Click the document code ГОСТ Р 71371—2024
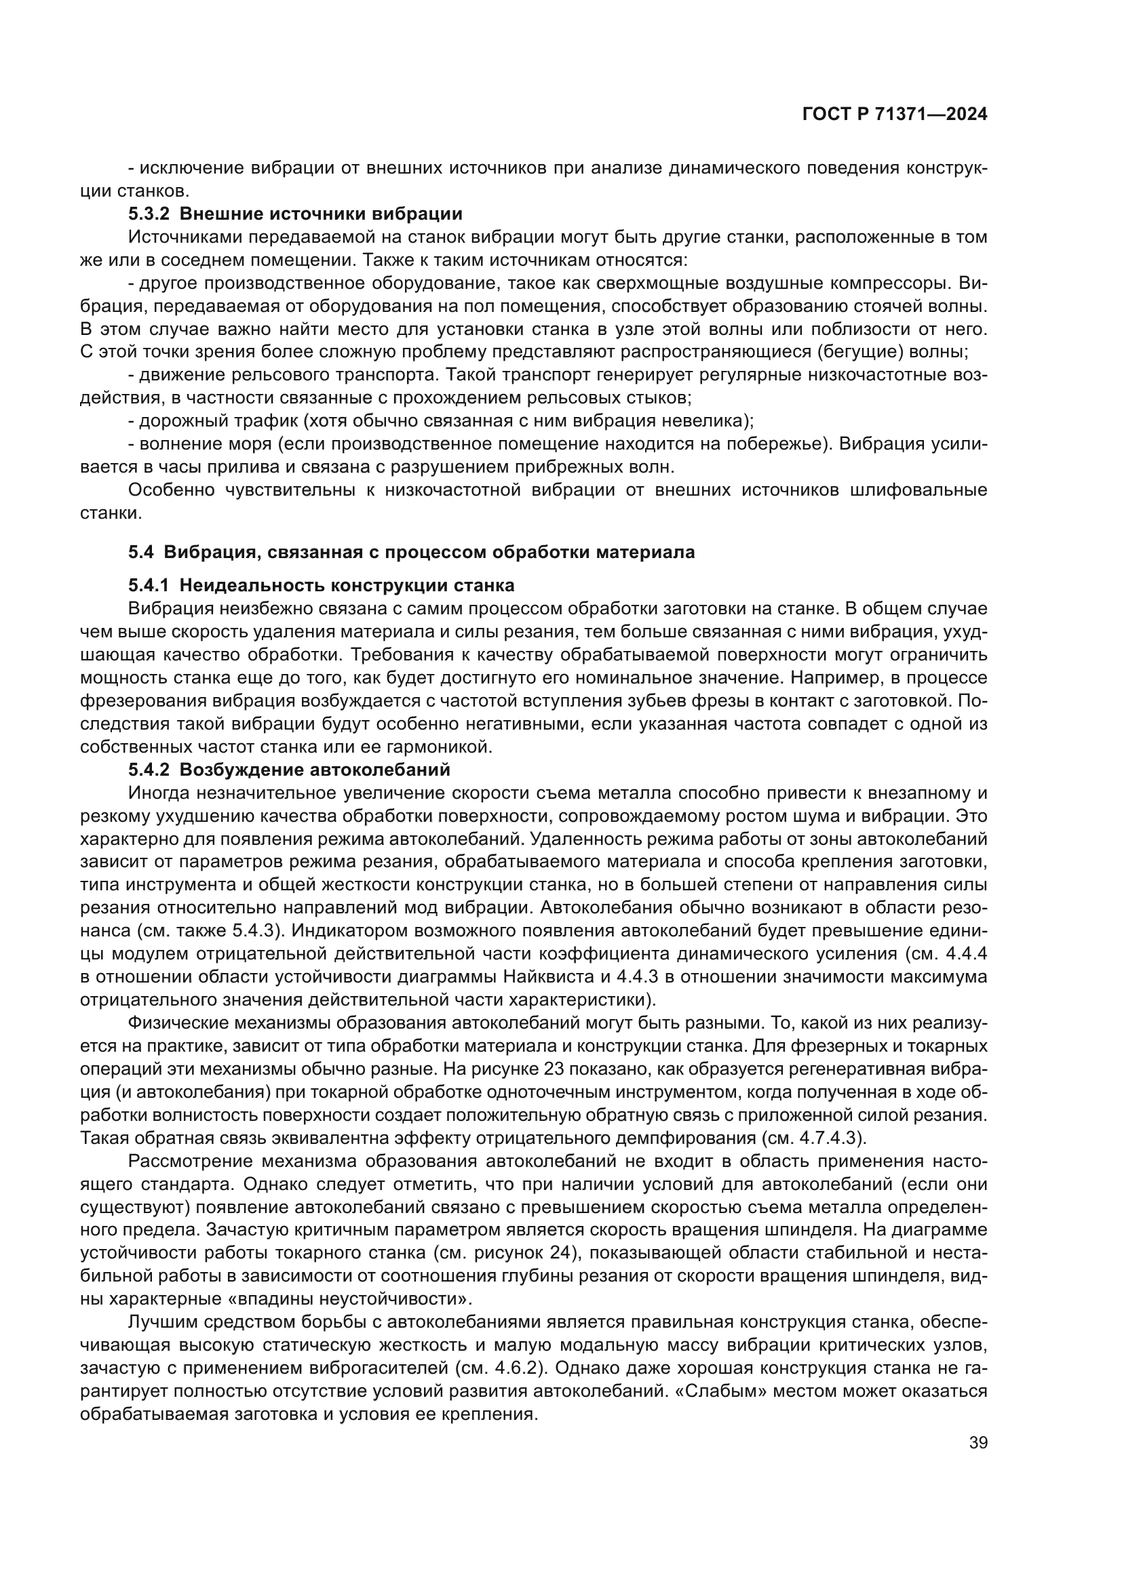pos(895,115)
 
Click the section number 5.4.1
pos(149,586)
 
